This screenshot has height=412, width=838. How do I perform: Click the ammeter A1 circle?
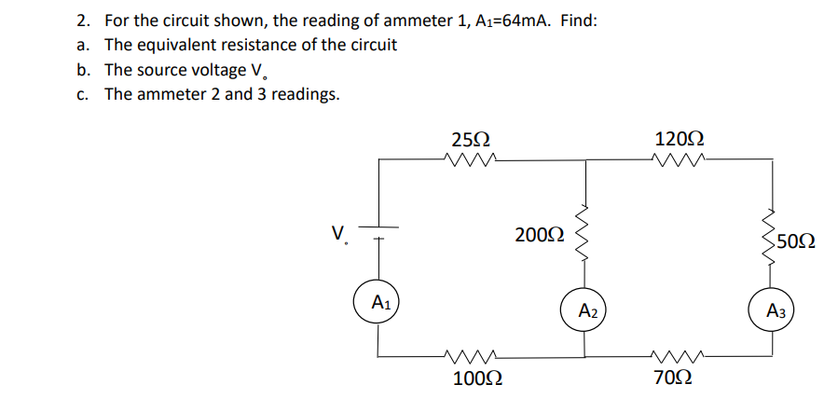point(378,302)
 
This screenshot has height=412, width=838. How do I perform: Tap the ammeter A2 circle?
point(585,309)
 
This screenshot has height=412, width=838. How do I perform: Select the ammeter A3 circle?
point(773,310)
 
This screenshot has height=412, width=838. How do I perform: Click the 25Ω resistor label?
point(470,140)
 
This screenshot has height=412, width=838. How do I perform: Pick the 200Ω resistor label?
point(539,235)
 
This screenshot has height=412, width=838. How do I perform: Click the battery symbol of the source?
point(378,232)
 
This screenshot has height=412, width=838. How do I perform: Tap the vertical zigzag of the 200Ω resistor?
point(585,233)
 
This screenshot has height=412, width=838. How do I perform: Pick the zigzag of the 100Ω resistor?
point(471,354)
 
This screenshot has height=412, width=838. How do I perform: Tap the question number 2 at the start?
point(83,20)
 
